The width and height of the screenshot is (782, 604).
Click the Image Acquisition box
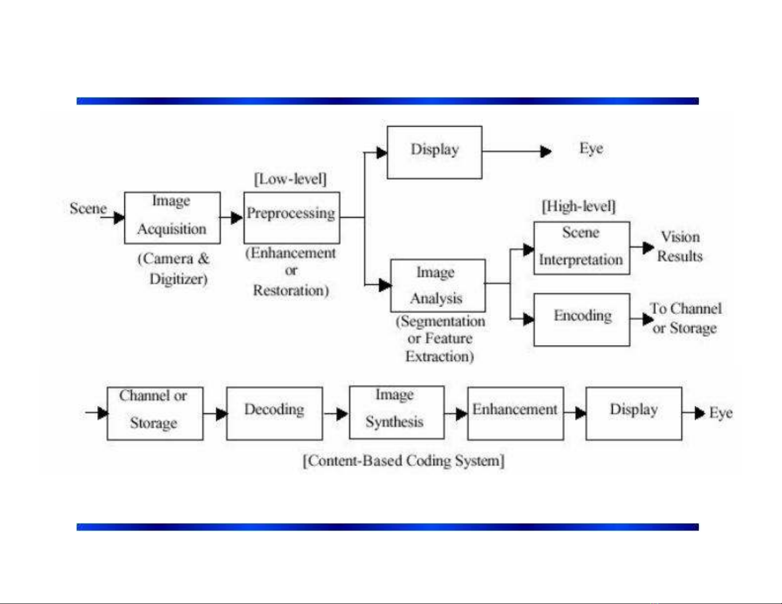pyautogui.click(x=172, y=217)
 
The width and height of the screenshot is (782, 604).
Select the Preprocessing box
pyautogui.click(x=292, y=217)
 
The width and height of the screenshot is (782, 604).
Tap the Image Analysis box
pyautogui.click(x=438, y=285)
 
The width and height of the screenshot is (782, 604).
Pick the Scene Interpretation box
pyautogui.click(x=582, y=248)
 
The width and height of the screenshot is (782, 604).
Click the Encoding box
pyautogui.click(x=582, y=320)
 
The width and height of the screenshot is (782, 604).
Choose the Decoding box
pyautogui.click(x=274, y=413)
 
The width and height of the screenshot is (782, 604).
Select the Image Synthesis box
pyautogui.click(x=396, y=412)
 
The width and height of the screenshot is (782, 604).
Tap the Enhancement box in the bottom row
pyautogui.click(x=515, y=413)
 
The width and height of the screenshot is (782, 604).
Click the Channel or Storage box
pyautogui.click(x=155, y=413)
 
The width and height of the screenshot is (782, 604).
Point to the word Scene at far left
pyautogui.click(x=88, y=209)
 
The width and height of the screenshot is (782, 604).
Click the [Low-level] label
pyautogui.click(x=290, y=179)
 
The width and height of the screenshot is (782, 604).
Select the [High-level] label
pyautogui.click(x=579, y=206)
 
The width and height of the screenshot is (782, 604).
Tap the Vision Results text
pyautogui.click(x=680, y=247)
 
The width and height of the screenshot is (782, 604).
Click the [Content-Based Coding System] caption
pyautogui.click(x=404, y=461)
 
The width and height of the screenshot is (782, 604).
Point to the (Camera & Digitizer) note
pyautogui.click(x=174, y=269)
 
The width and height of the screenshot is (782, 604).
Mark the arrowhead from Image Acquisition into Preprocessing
pyautogui.click(x=237, y=217)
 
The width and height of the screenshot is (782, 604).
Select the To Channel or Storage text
pyautogui.click(x=685, y=319)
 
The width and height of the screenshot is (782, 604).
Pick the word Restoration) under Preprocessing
pyautogui.click(x=291, y=290)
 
